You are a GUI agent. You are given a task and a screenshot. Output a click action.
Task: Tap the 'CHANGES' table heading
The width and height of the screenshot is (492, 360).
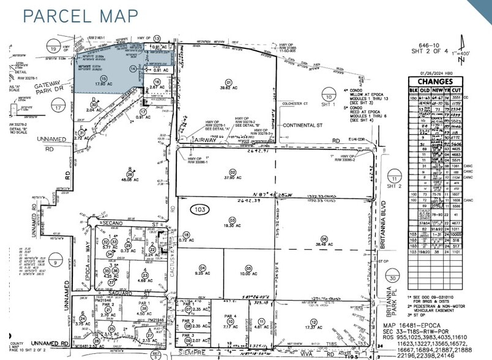(436, 81)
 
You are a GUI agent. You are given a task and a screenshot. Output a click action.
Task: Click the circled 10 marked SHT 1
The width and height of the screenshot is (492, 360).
(329, 97)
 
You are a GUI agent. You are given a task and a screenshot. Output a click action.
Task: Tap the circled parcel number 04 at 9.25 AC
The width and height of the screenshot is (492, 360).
(202, 268)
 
